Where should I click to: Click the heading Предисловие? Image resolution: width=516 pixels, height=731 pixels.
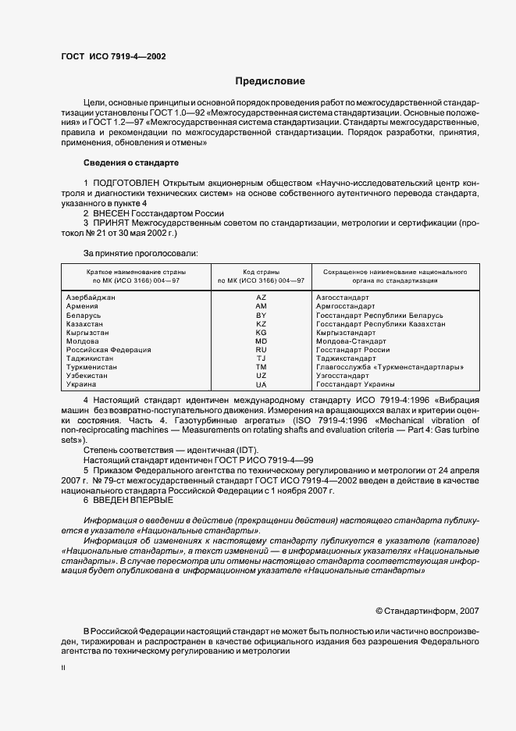tap(271, 81)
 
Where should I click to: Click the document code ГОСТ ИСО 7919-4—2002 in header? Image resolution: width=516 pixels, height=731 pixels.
tap(113, 57)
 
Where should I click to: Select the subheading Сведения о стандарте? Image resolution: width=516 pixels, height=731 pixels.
tap(130, 162)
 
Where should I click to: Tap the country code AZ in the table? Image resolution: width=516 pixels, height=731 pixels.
tap(261, 298)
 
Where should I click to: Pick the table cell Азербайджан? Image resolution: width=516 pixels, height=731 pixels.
tap(92, 298)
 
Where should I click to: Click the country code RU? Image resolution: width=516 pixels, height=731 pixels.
tap(261, 350)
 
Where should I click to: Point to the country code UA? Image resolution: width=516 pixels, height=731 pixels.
tap(261, 384)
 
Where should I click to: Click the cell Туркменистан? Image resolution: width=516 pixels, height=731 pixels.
tap(92, 367)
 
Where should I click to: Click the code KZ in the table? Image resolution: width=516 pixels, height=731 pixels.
tap(261, 324)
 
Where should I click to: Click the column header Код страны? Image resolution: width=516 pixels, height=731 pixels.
tap(261, 270)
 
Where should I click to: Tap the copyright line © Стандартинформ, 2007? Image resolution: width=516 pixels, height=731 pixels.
tap(427, 611)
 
